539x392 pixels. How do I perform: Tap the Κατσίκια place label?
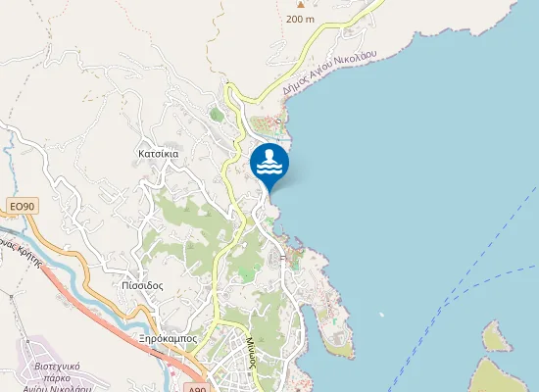click(158, 155)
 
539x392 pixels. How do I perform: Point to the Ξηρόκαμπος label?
click(168, 338)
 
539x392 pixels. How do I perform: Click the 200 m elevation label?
click(300, 19)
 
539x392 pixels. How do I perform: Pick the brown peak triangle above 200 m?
click(300, 4)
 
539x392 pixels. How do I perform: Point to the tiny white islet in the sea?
click(380, 316)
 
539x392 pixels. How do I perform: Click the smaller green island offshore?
click(495, 337)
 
